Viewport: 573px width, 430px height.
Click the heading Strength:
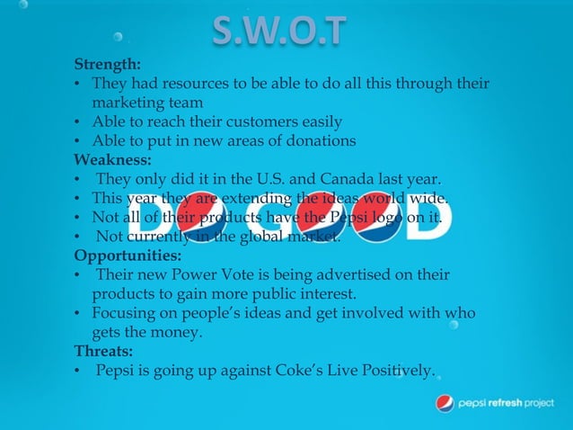point(106,65)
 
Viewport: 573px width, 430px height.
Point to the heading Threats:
point(103,350)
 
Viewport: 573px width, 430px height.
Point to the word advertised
point(357,273)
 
